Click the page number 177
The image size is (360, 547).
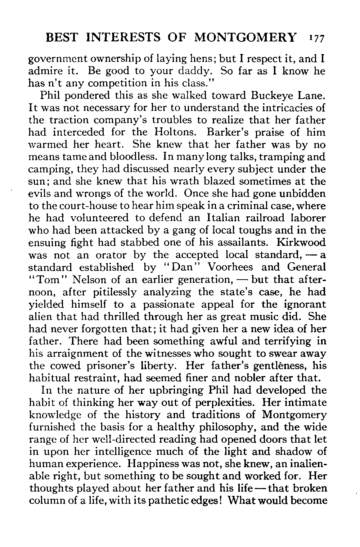point(317,38)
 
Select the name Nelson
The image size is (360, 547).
point(77,280)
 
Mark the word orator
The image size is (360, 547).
point(111,255)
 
